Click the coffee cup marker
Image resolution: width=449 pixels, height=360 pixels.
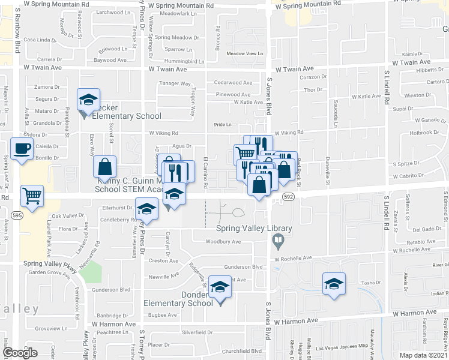22,148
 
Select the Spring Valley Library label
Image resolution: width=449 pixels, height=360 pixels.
254,229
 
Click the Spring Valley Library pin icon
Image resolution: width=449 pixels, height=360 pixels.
278,242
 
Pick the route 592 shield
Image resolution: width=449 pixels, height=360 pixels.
289,196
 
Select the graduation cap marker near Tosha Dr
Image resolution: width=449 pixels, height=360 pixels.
334,284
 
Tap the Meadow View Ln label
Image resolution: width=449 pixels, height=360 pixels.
245,53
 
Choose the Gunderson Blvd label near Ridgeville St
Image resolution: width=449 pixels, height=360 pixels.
244,266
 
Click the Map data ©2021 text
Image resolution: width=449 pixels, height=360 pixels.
424,356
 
